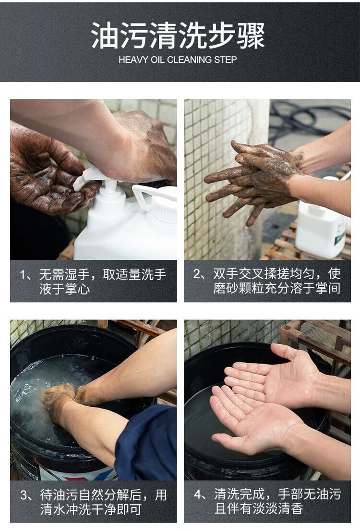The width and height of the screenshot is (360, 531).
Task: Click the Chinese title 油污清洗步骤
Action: coord(178,35)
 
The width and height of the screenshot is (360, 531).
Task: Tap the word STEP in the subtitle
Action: coord(226,60)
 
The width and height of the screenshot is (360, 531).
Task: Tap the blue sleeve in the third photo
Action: coord(146,444)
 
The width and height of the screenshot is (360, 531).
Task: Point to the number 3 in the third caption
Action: coord(24,496)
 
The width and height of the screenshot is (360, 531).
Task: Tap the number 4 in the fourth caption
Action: coord(198,495)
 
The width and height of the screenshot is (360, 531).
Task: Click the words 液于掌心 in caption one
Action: coord(65,289)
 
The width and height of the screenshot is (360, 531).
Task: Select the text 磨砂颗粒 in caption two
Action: coord(238,288)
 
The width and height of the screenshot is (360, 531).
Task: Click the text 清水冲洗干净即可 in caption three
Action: coord(91,509)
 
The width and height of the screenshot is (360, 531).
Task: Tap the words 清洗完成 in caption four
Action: coord(239,495)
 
